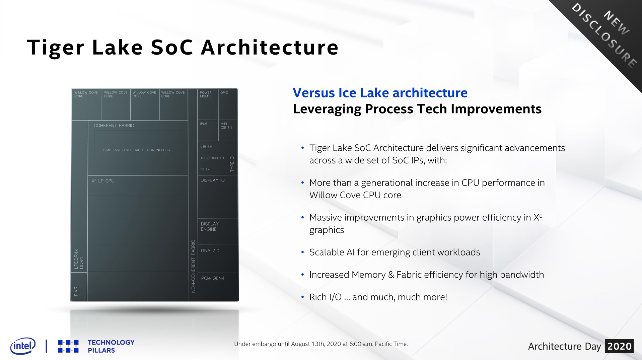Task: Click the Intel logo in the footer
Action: click(x=23, y=346)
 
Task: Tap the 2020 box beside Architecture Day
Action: click(x=619, y=346)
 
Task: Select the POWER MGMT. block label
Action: click(x=206, y=94)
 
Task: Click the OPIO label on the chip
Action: click(x=224, y=93)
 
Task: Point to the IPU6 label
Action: click(x=204, y=124)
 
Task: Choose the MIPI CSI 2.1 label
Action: click(x=226, y=126)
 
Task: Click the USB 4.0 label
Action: click(x=206, y=147)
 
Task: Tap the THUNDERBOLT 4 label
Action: click(x=212, y=158)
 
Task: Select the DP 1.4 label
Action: click(x=205, y=169)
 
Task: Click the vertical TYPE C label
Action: click(x=232, y=164)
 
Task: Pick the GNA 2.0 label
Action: click(x=210, y=250)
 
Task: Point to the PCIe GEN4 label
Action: click(x=213, y=278)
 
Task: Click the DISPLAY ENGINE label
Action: click(x=210, y=226)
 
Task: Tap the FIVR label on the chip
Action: click(x=76, y=291)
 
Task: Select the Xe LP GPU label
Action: click(x=103, y=181)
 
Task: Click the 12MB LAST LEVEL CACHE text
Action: click(x=138, y=150)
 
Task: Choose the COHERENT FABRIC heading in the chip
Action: click(x=114, y=126)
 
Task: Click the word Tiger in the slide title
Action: click(x=55, y=48)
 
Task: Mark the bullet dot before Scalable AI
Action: click(x=303, y=253)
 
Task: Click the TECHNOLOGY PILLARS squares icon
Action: click(x=68, y=346)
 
